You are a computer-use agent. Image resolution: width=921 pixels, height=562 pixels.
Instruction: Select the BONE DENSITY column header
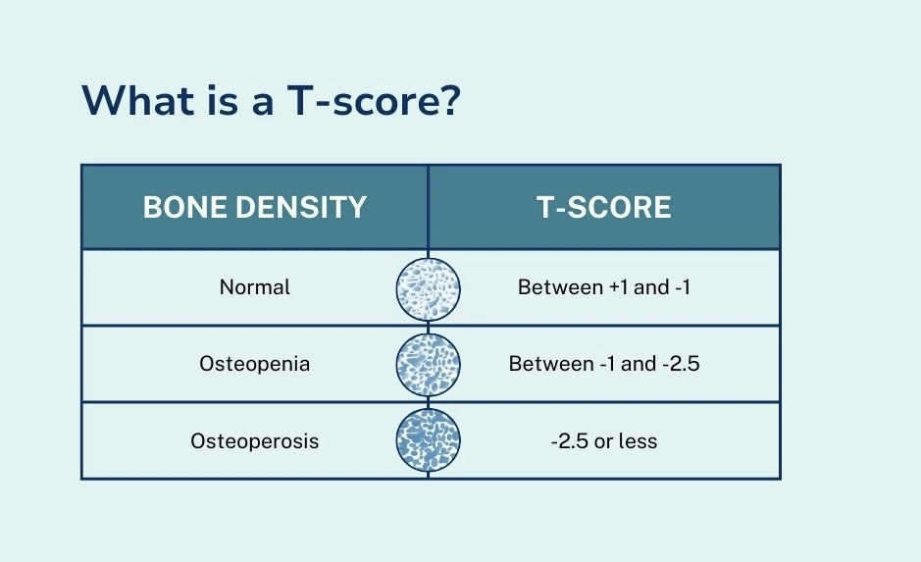[255, 208]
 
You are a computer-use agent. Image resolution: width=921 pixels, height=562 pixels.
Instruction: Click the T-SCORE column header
[603, 208]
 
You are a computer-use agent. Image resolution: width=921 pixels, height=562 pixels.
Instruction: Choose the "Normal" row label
[255, 288]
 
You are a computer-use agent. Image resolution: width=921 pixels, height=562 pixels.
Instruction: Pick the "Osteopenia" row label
[255, 364]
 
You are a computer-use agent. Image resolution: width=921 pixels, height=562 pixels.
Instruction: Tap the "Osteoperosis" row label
[255, 441]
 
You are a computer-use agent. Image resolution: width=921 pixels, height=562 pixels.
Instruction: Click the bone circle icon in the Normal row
[429, 288]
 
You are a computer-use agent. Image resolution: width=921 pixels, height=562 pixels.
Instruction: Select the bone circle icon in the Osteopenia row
[429, 364]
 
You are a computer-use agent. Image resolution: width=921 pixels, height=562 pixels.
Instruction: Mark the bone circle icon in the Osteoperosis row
[429, 440]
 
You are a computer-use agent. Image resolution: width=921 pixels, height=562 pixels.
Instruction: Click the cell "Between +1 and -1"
[603, 288]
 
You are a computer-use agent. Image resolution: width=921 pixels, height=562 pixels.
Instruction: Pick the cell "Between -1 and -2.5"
[603, 364]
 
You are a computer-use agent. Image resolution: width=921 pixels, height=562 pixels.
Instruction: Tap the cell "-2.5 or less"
[603, 441]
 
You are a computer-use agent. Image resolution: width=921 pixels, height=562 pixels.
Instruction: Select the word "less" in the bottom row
[639, 441]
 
